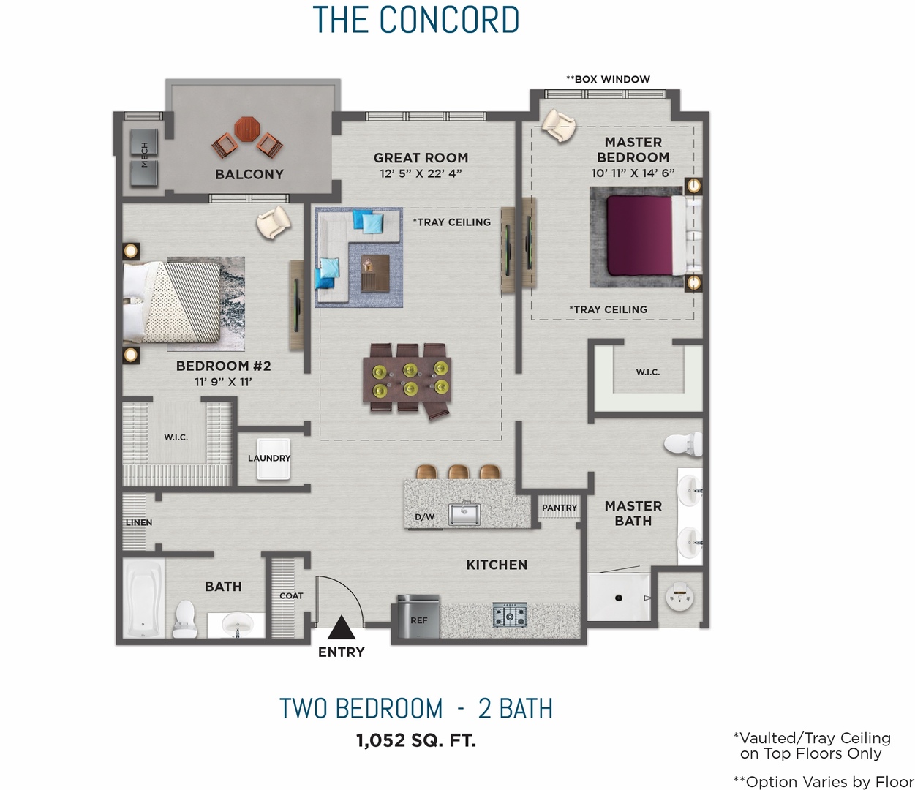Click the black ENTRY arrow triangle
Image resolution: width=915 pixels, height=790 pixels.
click(x=341, y=628)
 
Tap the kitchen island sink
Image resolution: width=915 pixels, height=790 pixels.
click(x=464, y=514)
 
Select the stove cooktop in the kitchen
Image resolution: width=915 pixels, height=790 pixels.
click(x=509, y=616)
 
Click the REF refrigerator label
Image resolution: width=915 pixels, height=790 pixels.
click(x=418, y=620)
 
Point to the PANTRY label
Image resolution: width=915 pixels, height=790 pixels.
click(x=560, y=508)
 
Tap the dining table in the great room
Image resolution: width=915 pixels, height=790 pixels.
click(x=407, y=379)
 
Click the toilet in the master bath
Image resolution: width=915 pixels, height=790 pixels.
click(x=682, y=443)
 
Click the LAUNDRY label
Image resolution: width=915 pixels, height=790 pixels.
click(x=269, y=458)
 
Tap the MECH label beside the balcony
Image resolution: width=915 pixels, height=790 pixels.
click(x=144, y=154)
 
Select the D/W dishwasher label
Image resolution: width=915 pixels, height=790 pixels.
click(x=424, y=517)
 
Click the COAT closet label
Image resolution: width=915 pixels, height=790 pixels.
click(x=291, y=595)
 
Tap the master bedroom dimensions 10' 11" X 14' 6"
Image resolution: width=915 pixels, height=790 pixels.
click(x=633, y=173)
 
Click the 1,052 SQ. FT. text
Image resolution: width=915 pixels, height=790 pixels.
click(x=415, y=740)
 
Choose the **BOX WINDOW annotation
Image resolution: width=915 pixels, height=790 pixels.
click(x=608, y=79)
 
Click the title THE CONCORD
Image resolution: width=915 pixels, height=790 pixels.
click(x=415, y=20)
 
